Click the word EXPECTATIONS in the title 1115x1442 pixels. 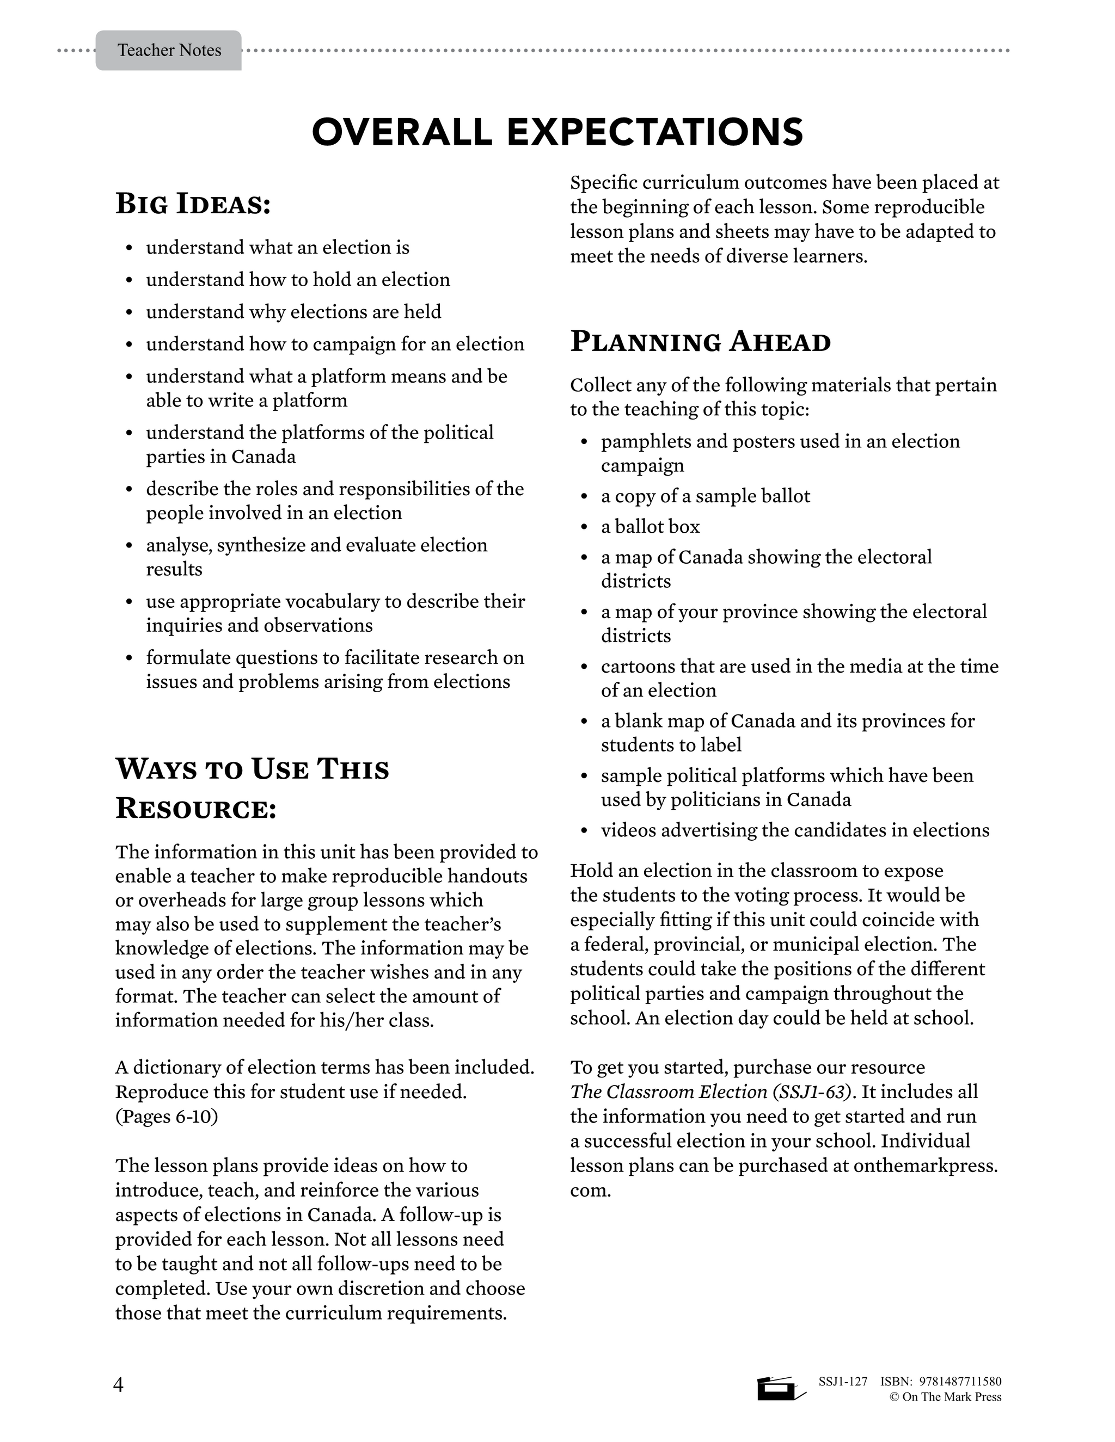(x=654, y=132)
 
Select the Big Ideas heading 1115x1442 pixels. (x=193, y=204)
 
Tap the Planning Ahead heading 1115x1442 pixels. (x=700, y=342)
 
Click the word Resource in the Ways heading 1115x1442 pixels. (x=195, y=809)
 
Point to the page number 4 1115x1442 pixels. (x=118, y=1384)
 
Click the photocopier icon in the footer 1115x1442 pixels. (x=780, y=1386)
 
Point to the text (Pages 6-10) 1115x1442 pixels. (x=167, y=1117)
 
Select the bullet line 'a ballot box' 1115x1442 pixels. (x=650, y=526)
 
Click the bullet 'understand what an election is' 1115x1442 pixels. (x=278, y=248)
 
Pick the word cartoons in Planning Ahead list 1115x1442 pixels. (x=638, y=666)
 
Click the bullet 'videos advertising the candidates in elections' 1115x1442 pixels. (x=795, y=830)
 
